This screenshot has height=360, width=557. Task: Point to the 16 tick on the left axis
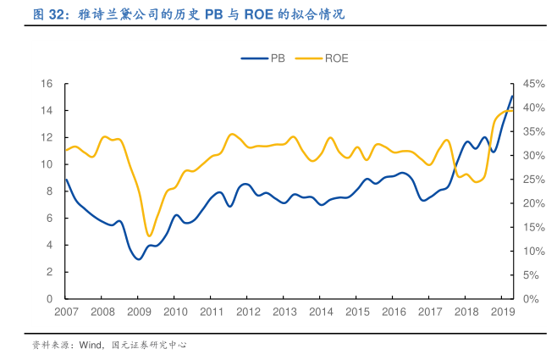47,84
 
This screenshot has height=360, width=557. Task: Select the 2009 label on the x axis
139,312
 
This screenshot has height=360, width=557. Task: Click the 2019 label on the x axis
503,312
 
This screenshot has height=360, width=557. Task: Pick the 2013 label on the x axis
284,312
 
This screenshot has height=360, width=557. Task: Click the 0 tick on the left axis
51,299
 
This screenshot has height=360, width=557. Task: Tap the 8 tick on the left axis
51,191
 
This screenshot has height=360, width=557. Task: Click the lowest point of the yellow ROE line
149,235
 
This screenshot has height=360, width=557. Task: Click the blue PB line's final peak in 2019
512,96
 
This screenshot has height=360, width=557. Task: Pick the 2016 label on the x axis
394,312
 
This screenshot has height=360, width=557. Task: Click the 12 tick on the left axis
47,137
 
